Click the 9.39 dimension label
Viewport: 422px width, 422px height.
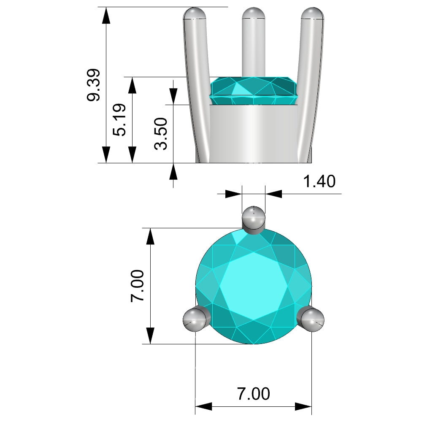click(x=93, y=85)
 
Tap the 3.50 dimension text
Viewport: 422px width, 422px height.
click(x=161, y=133)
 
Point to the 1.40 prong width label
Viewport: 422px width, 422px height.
click(x=319, y=181)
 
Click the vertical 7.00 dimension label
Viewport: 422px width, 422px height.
click(x=138, y=286)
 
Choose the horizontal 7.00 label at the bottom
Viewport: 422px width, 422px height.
click(x=253, y=394)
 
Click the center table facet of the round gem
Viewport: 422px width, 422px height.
click(x=254, y=286)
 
